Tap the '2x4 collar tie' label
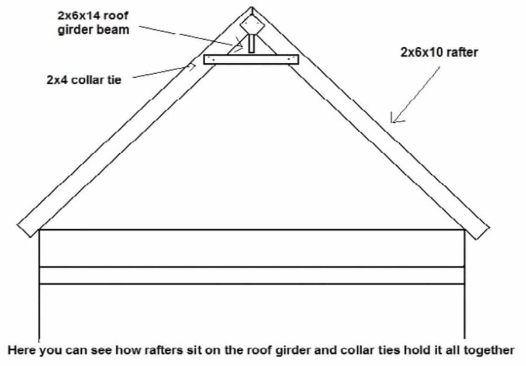click(84, 80)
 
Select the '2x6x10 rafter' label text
click(439, 53)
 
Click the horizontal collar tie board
click(251, 60)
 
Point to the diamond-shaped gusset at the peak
click(251, 25)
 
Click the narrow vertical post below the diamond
click(251, 44)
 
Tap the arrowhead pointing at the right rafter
click(394, 120)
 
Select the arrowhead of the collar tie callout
click(192, 68)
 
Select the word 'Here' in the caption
click(21, 351)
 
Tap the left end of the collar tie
click(206, 60)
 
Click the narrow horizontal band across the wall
click(251, 275)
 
